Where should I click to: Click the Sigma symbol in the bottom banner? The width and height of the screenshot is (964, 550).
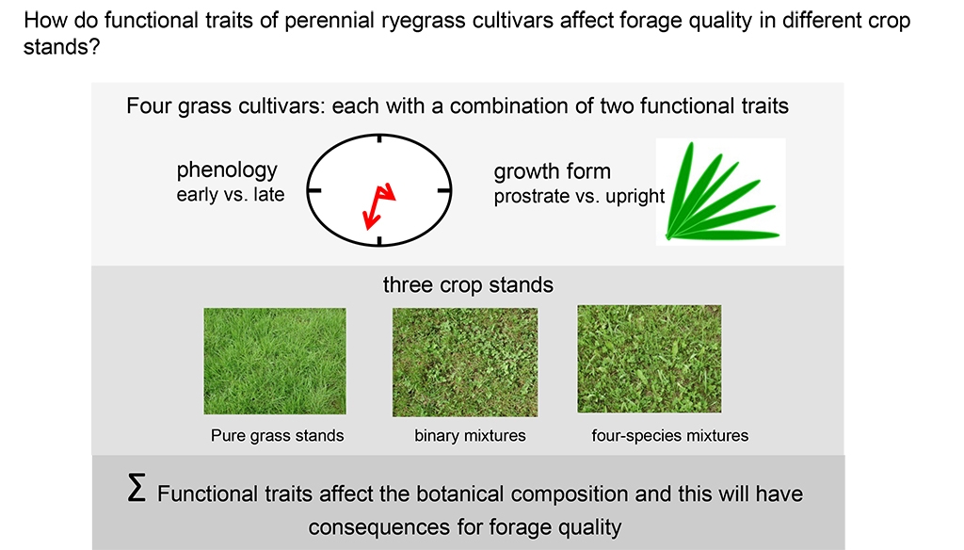point(137,488)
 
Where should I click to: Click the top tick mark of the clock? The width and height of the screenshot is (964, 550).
point(379,138)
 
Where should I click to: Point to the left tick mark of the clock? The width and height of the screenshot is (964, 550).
point(314,191)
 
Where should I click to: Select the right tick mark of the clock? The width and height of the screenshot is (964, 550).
point(444,191)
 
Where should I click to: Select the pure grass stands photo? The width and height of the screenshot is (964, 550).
point(275,361)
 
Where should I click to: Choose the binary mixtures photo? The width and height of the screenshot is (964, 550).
point(465,363)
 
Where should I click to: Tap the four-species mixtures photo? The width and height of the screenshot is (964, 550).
point(650,359)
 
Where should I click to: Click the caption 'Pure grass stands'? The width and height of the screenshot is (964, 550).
point(278,435)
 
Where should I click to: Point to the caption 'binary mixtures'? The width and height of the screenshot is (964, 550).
point(471,435)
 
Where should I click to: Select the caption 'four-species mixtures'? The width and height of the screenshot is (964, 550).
point(670,435)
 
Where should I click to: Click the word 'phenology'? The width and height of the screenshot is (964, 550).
point(227,170)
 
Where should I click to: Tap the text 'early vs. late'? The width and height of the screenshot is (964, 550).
point(231,194)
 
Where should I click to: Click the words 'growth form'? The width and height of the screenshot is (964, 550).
point(552,171)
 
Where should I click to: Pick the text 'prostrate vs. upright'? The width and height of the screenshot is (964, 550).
point(579,196)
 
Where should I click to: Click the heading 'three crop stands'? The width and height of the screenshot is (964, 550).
point(468,284)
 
